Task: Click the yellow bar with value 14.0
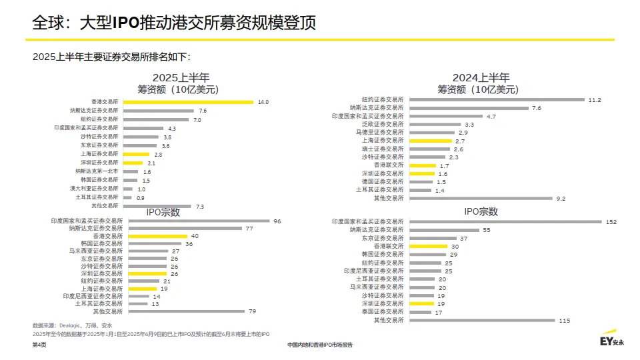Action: [x=189, y=102]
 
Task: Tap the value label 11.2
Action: [x=595, y=100]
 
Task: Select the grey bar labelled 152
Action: [x=505, y=221]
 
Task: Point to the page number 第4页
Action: [x=40, y=345]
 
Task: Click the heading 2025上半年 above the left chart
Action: [x=181, y=77]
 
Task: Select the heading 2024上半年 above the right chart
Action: [x=481, y=77]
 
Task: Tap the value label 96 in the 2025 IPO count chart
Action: [x=277, y=221]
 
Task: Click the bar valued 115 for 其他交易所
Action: [x=481, y=321]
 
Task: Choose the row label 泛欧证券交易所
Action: [x=383, y=124]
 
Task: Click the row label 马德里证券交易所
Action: [x=379, y=133]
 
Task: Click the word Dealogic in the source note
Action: [x=71, y=325]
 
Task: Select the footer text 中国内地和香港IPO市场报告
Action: [x=320, y=345]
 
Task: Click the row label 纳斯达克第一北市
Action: [x=97, y=171]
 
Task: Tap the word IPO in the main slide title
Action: [x=125, y=23]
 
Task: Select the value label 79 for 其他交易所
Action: [x=253, y=311]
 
